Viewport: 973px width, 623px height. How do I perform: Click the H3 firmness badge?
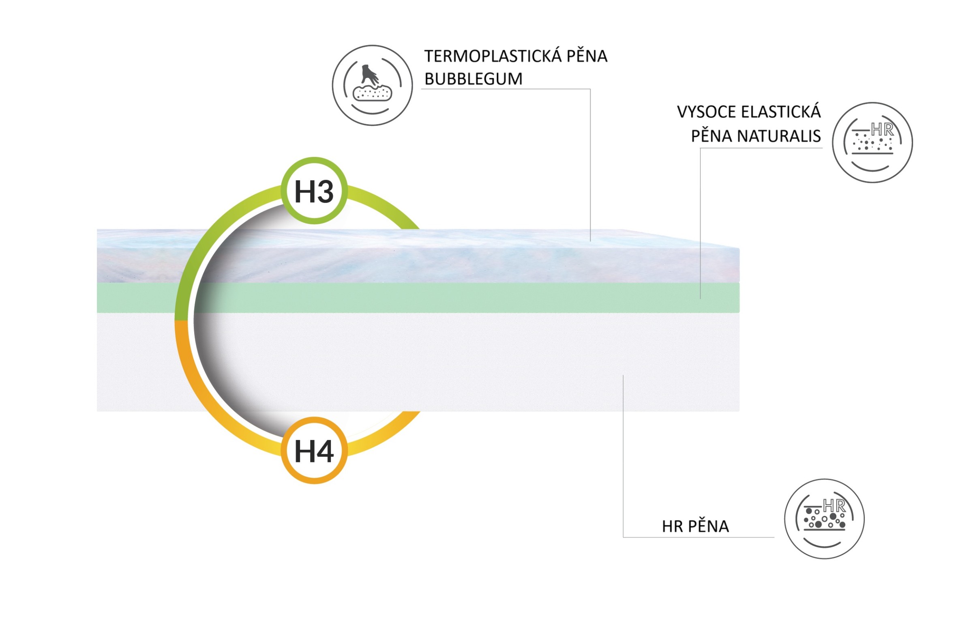pyautogui.click(x=314, y=191)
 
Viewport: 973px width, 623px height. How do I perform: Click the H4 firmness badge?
pyautogui.click(x=314, y=451)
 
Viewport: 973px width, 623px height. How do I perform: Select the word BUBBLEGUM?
pyautogui.click(x=474, y=79)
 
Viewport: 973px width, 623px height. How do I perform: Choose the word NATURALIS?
pyautogui.click(x=779, y=136)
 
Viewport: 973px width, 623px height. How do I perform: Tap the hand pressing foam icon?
pyautogui.click(x=372, y=85)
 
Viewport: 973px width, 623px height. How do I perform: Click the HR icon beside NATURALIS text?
pyautogui.click(x=872, y=142)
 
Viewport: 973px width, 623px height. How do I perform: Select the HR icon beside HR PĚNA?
pyautogui.click(x=824, y=519)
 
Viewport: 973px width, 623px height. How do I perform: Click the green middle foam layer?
pyautogui.click(x=418, y=298)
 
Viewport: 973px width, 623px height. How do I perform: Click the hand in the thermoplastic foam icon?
pyautogui.click(x=369, y=74)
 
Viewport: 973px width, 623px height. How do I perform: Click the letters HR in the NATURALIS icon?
pyautogui.click(x=882, y=130)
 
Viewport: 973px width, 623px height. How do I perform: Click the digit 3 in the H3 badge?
pyautogui.click(x=325, y=192)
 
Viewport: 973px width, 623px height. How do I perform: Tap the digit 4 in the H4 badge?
pyautogui.click(x=325, y=451)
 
